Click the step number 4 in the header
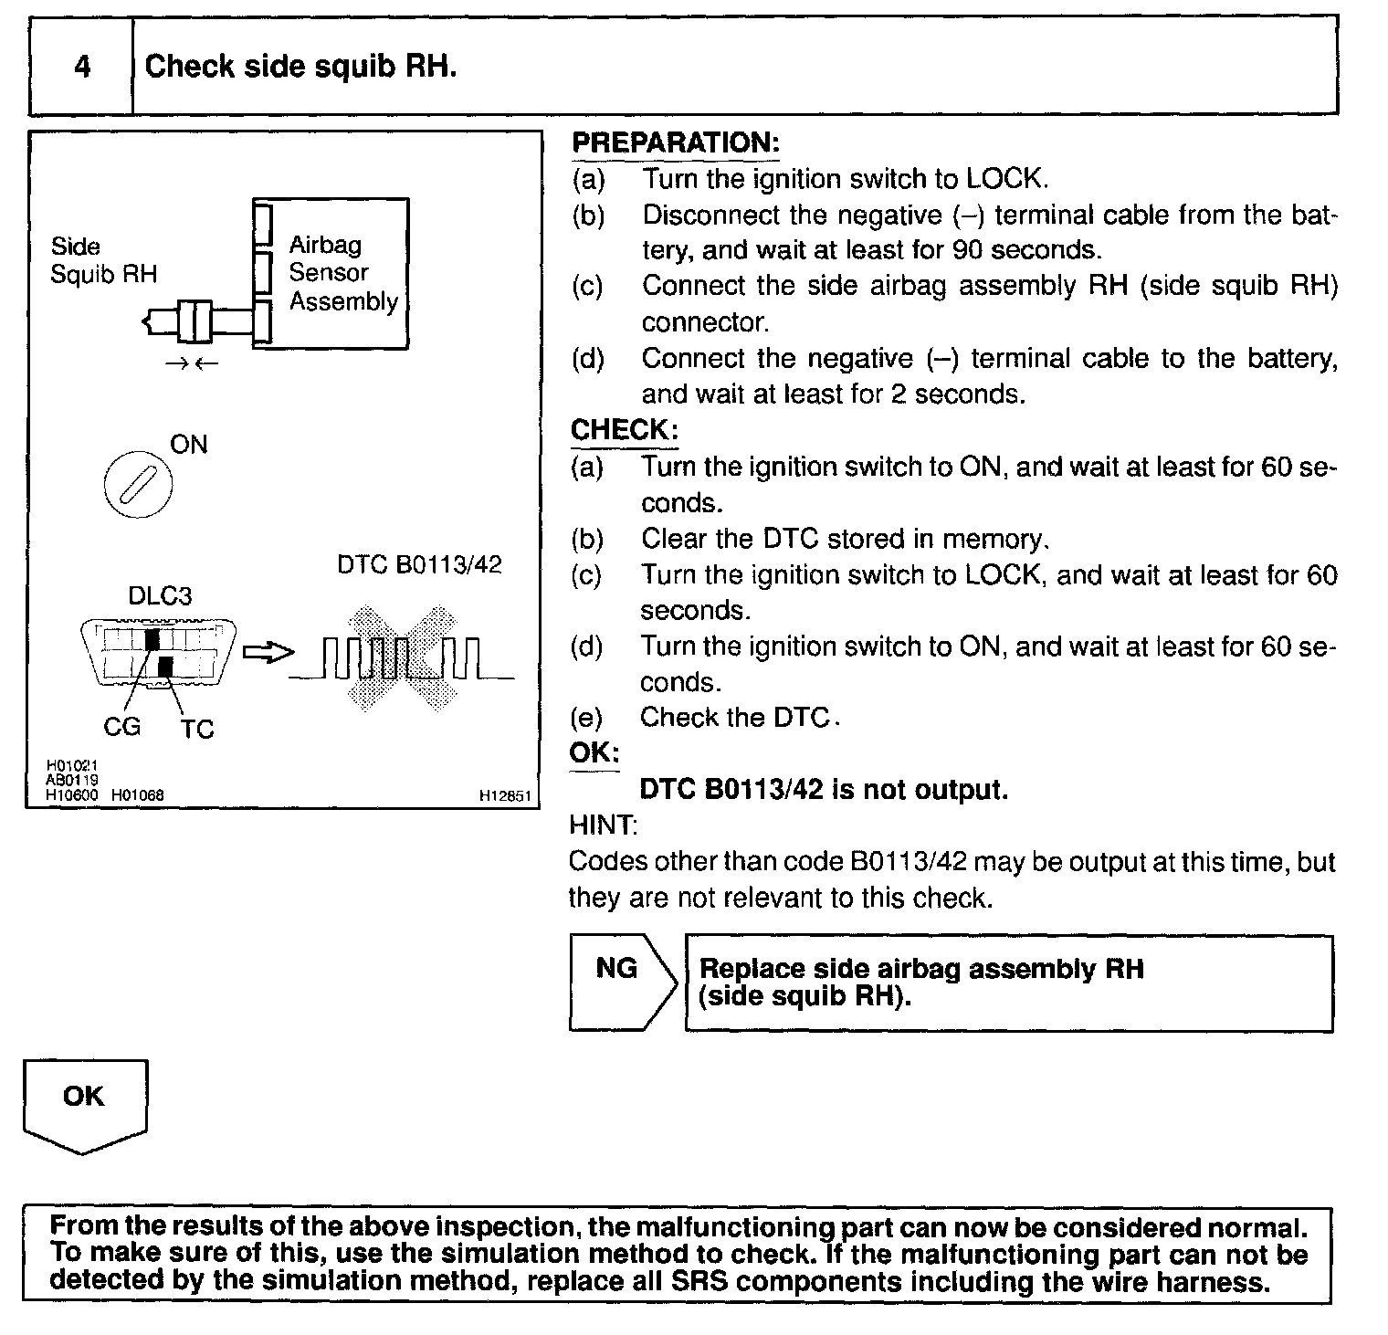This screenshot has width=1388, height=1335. (82, 67)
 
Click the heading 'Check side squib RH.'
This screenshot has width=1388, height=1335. (300, 67)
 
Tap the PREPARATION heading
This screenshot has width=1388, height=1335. (675, 143)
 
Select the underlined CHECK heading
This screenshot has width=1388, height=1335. (624, 430)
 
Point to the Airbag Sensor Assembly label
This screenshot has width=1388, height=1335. (342, 273)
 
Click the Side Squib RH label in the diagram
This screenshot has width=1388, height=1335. (102, 260)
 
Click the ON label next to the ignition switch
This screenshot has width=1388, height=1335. (189, 445)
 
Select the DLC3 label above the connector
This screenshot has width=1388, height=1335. (160, 596)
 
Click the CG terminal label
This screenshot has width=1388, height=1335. (121, 727)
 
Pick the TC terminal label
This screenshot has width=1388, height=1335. (196, 730)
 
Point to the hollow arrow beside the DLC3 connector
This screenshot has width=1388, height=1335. (271, 653)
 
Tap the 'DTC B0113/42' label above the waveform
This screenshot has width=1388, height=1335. (419, 564)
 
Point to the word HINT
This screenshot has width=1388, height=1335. (602, 825)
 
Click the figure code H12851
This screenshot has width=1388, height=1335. (505, 796)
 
